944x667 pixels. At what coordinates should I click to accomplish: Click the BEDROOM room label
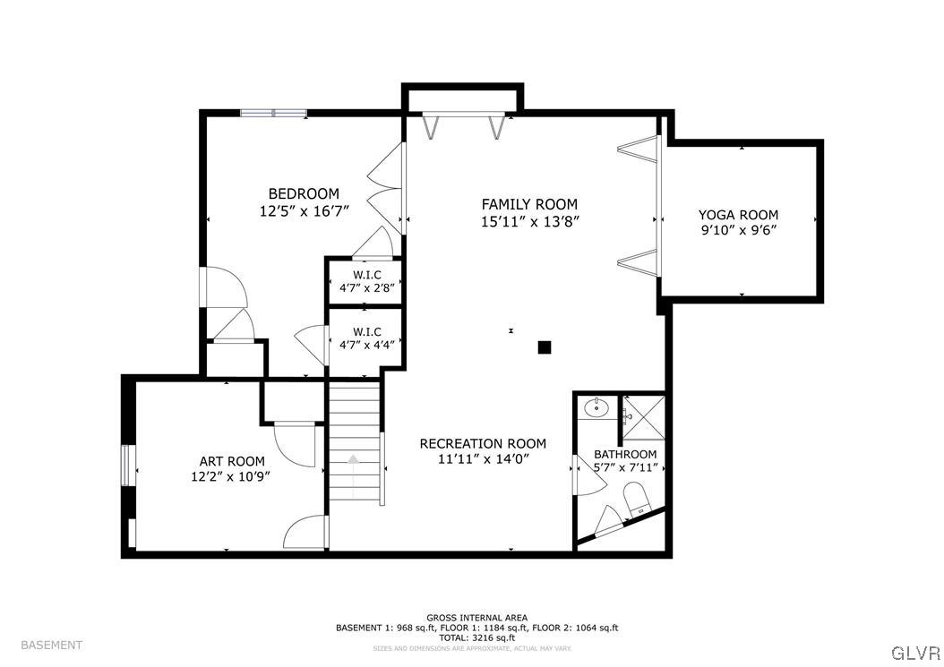304,193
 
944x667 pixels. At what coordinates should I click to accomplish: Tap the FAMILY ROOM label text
529,204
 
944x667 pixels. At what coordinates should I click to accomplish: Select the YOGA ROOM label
738,215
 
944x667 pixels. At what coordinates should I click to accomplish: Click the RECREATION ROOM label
483,443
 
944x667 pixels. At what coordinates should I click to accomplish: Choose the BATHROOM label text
625,454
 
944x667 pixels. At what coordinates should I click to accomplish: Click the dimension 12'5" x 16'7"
304,210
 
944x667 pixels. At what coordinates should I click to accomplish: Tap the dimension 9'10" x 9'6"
738,230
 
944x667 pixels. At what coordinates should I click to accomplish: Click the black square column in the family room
544,347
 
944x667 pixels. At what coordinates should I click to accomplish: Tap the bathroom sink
596,408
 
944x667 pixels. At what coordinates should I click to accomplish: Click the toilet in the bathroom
635,499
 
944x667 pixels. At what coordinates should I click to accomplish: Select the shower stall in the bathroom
644,417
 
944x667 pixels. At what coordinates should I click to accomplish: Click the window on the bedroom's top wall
273,113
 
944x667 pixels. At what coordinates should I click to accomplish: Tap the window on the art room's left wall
128,465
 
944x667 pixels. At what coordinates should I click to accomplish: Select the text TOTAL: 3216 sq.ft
476,637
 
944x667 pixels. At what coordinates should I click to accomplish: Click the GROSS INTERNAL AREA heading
476,618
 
